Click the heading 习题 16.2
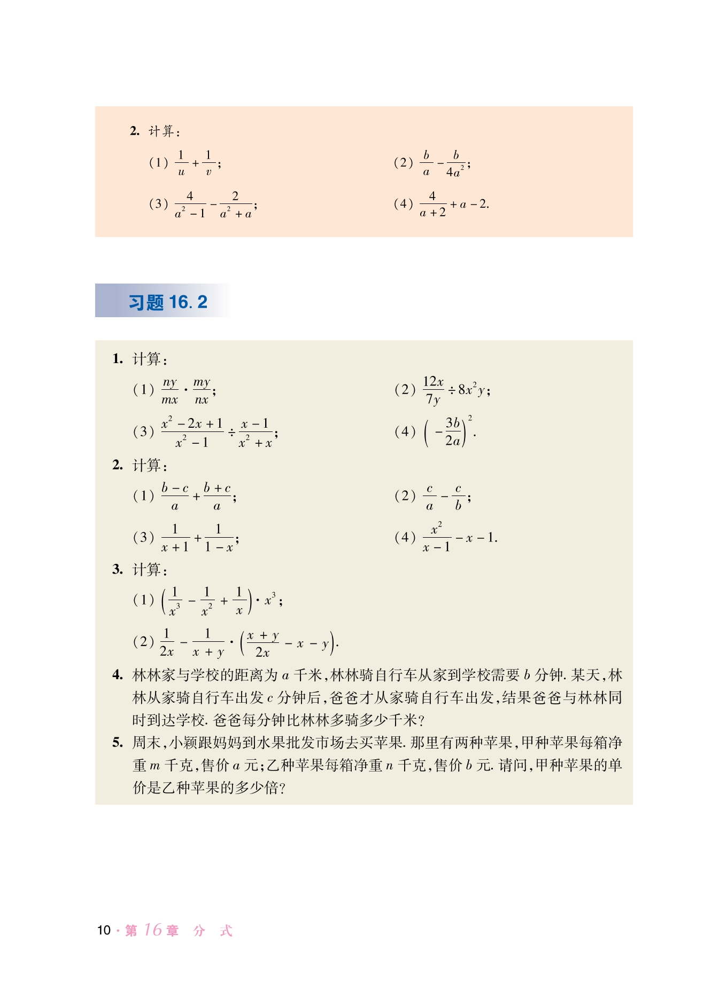click(x=167, y=302)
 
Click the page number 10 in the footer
click(x=104, y=930)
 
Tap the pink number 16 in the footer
click(x=153, y=930)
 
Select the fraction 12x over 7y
click(x=433, y=390)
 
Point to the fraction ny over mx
click(x=170, y=391)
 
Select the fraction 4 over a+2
click(x=432, y=204)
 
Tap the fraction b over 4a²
click(x=455, y=163)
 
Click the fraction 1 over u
click(x=181, y=163)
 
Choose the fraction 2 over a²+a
click(x=235, y=205)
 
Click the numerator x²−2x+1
click(x=192, y=423)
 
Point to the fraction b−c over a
click(x=175, y=497)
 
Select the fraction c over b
click(x=458, y=497)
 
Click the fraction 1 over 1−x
click(x=219, y=538)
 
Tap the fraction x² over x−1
click(x=436, y=538)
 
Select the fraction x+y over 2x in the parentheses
click(x=262, y=643)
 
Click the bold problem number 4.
click(x=118, y=675)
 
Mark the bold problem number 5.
click(x=118, y=742)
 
